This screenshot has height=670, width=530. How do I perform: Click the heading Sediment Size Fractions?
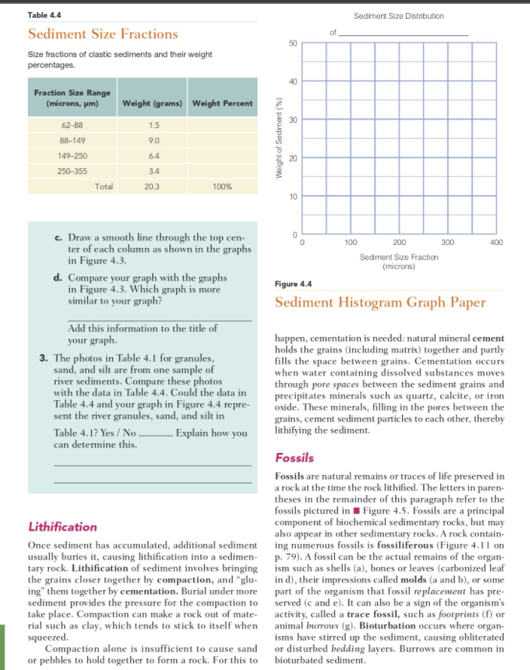[x=102, y=34]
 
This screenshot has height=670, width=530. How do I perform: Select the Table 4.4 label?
[x=44, y=15]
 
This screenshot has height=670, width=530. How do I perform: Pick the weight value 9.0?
[x=153, y=139]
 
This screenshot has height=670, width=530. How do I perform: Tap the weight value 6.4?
[x=153, y=155]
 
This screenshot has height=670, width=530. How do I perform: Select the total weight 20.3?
[x=153, y=187]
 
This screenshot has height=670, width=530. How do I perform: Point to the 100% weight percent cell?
[x=222, y=187]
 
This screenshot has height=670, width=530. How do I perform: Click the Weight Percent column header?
[x=222, y=102]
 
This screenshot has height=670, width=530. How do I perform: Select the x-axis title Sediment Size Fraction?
[x=400, y=258]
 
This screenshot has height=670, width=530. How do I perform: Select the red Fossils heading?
[x=294, y=457]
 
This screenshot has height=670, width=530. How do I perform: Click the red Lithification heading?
[x=62, y=526]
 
